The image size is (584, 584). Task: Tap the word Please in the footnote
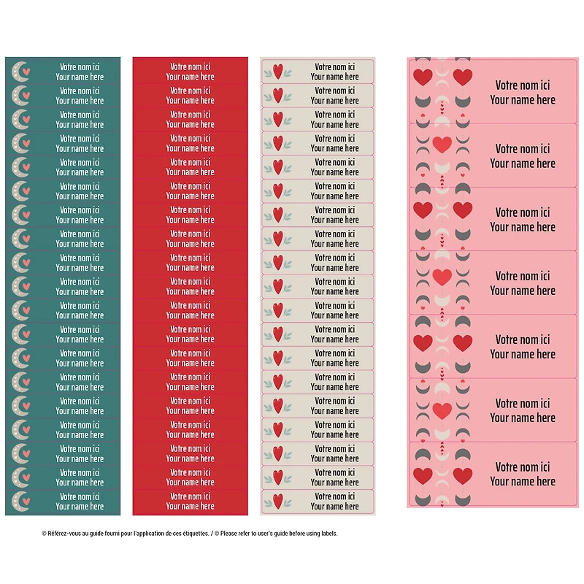[228, 534]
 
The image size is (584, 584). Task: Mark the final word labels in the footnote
[328, 534]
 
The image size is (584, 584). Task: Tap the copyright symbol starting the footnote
[44, 534]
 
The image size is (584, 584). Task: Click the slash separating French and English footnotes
[212, 534]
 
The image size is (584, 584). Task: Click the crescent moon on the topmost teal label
[20, 71]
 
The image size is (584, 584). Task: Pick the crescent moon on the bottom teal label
[20, 501]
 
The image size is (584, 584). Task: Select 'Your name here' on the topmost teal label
[80, 77]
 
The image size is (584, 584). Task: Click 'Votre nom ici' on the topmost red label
[190, 66]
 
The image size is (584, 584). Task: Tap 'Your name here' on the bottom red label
[190, 506]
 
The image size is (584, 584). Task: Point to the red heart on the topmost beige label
[277, 71]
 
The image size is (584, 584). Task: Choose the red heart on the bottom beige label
[277, 501]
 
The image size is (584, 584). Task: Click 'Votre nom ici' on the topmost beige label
[335, 66]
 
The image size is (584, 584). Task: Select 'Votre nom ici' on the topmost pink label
[523, 85]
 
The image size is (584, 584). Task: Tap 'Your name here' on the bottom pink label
[523, 481]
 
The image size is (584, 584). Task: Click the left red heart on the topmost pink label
[423, 77]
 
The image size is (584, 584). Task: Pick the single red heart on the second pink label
[442, 144]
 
